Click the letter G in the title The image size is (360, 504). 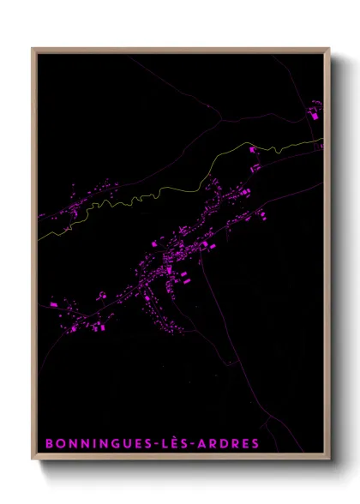115,443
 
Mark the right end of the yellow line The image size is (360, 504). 323,139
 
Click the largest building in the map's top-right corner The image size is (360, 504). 313,112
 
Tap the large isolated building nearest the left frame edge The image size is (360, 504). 53,303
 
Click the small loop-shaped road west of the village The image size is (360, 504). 101,296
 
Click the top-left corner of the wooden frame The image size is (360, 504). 33,49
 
